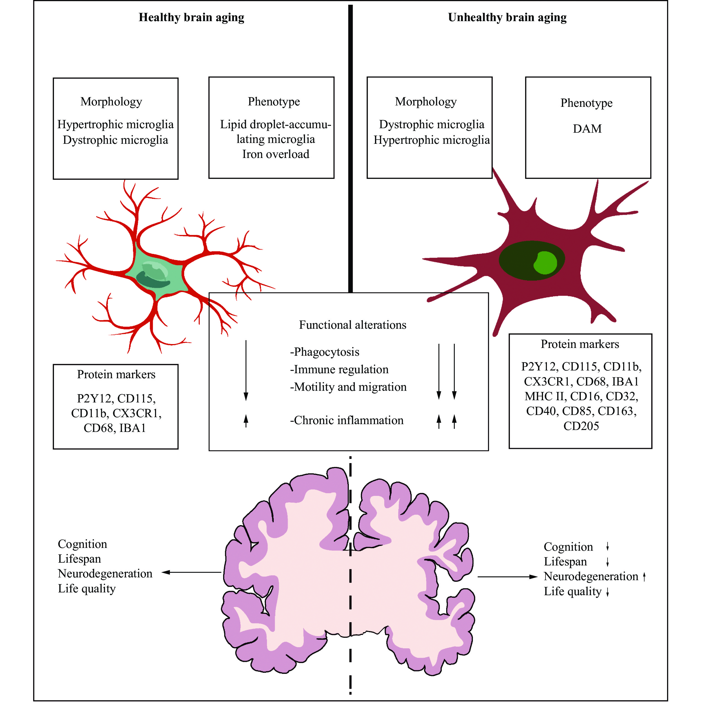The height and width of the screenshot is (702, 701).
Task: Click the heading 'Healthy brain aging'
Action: pyautogui.click(x=191, y=18)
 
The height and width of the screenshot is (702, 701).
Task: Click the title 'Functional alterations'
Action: pyautogui.click(x=352, y=325)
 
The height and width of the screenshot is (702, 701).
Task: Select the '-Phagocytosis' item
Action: pyautogui.click(x=325, y=352)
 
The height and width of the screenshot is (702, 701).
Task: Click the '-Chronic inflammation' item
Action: pyautogui.click(x=347, y=421)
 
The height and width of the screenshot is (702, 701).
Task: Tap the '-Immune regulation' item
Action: pyautogui.click(x=339, y=370)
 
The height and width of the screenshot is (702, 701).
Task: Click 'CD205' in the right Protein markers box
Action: pyautogui.click(x=581, y=426)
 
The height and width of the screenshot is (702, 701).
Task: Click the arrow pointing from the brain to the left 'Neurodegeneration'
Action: pyautogui.click(x=191, y=572)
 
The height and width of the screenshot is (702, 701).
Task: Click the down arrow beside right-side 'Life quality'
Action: pyautogui.click(x=607, y=593)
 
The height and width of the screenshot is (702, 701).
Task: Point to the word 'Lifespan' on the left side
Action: pyautogui.click(x=79, y=559)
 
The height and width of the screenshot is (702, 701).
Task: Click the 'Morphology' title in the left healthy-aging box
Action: pyautogui.click(x=111, y=102)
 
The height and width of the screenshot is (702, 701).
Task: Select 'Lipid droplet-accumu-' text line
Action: pyautogui.click(x=275, y=125)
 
